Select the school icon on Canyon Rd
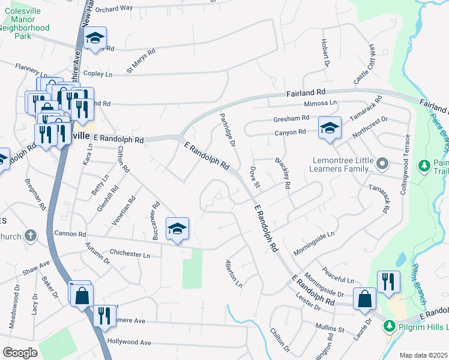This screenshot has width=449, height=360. pos(329,128)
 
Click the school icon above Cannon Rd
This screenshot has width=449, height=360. pos(177,229)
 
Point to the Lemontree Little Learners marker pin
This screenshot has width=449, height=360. pos(384,164)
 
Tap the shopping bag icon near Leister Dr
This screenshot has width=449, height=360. pos(364,299)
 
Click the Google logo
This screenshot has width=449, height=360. pos(20,352)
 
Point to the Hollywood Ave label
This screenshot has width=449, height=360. pos(129,341)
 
